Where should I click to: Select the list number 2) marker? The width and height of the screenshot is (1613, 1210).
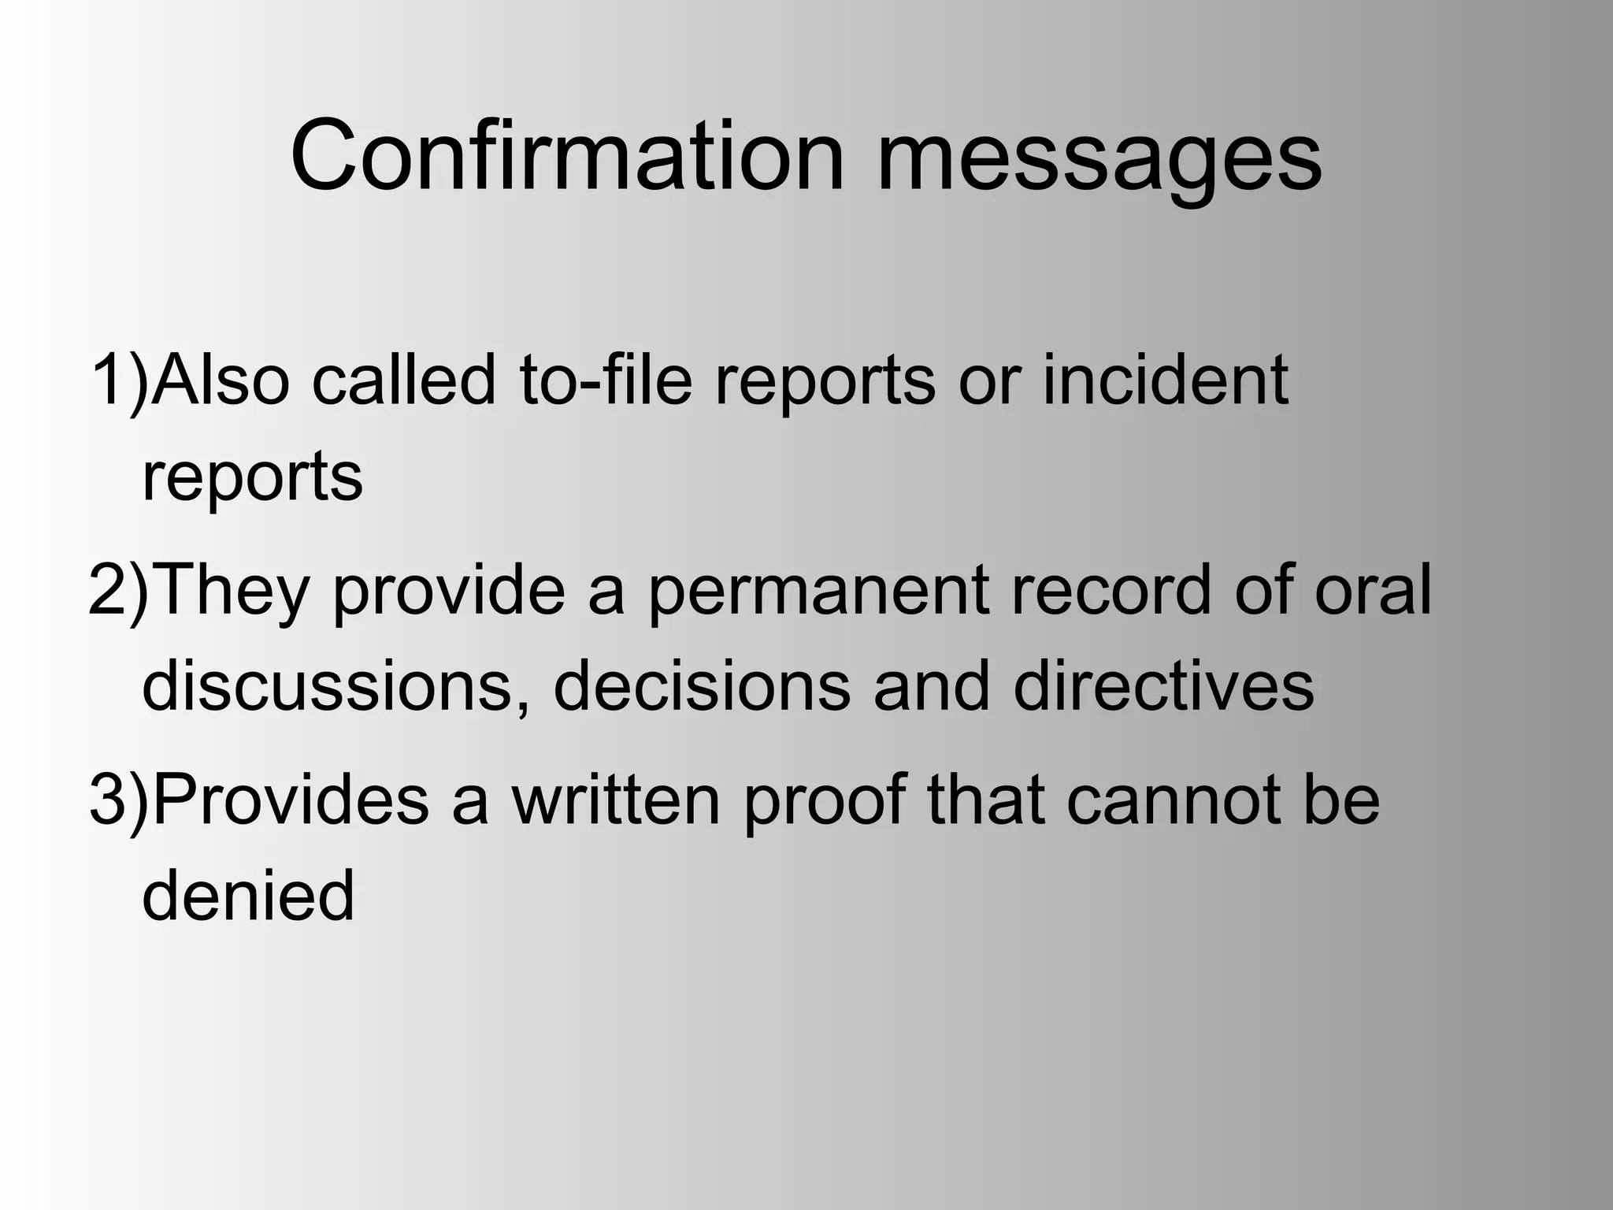click(118, 591)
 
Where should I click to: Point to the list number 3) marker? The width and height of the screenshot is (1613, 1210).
click(119, 801)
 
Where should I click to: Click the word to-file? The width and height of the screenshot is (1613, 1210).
click(605, 380)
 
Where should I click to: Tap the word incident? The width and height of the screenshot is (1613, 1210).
click(1166, 380)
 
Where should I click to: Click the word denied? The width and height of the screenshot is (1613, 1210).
click(249, 896)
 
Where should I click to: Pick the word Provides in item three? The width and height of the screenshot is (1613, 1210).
click(290, 801)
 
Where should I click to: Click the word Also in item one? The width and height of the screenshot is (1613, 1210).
click(221, 380)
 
